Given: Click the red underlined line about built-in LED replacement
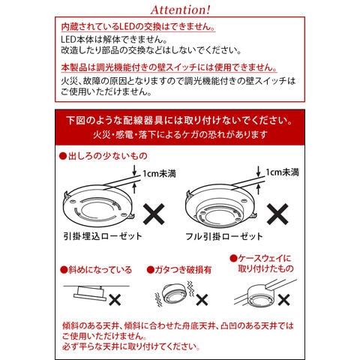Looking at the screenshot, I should [136, 26].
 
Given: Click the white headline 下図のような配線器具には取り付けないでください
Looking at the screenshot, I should [179, 120].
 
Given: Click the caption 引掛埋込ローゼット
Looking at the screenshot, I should [98, 237].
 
